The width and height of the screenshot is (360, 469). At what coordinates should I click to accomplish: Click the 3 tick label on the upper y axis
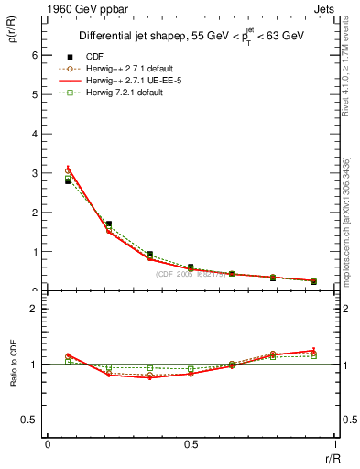33,173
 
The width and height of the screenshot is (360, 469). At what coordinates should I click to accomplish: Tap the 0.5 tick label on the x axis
191,444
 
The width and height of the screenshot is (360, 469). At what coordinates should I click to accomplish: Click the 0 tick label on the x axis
48,444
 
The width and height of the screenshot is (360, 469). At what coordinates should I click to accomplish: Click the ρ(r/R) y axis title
13,37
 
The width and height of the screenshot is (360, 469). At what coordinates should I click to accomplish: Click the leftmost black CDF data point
67,181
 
